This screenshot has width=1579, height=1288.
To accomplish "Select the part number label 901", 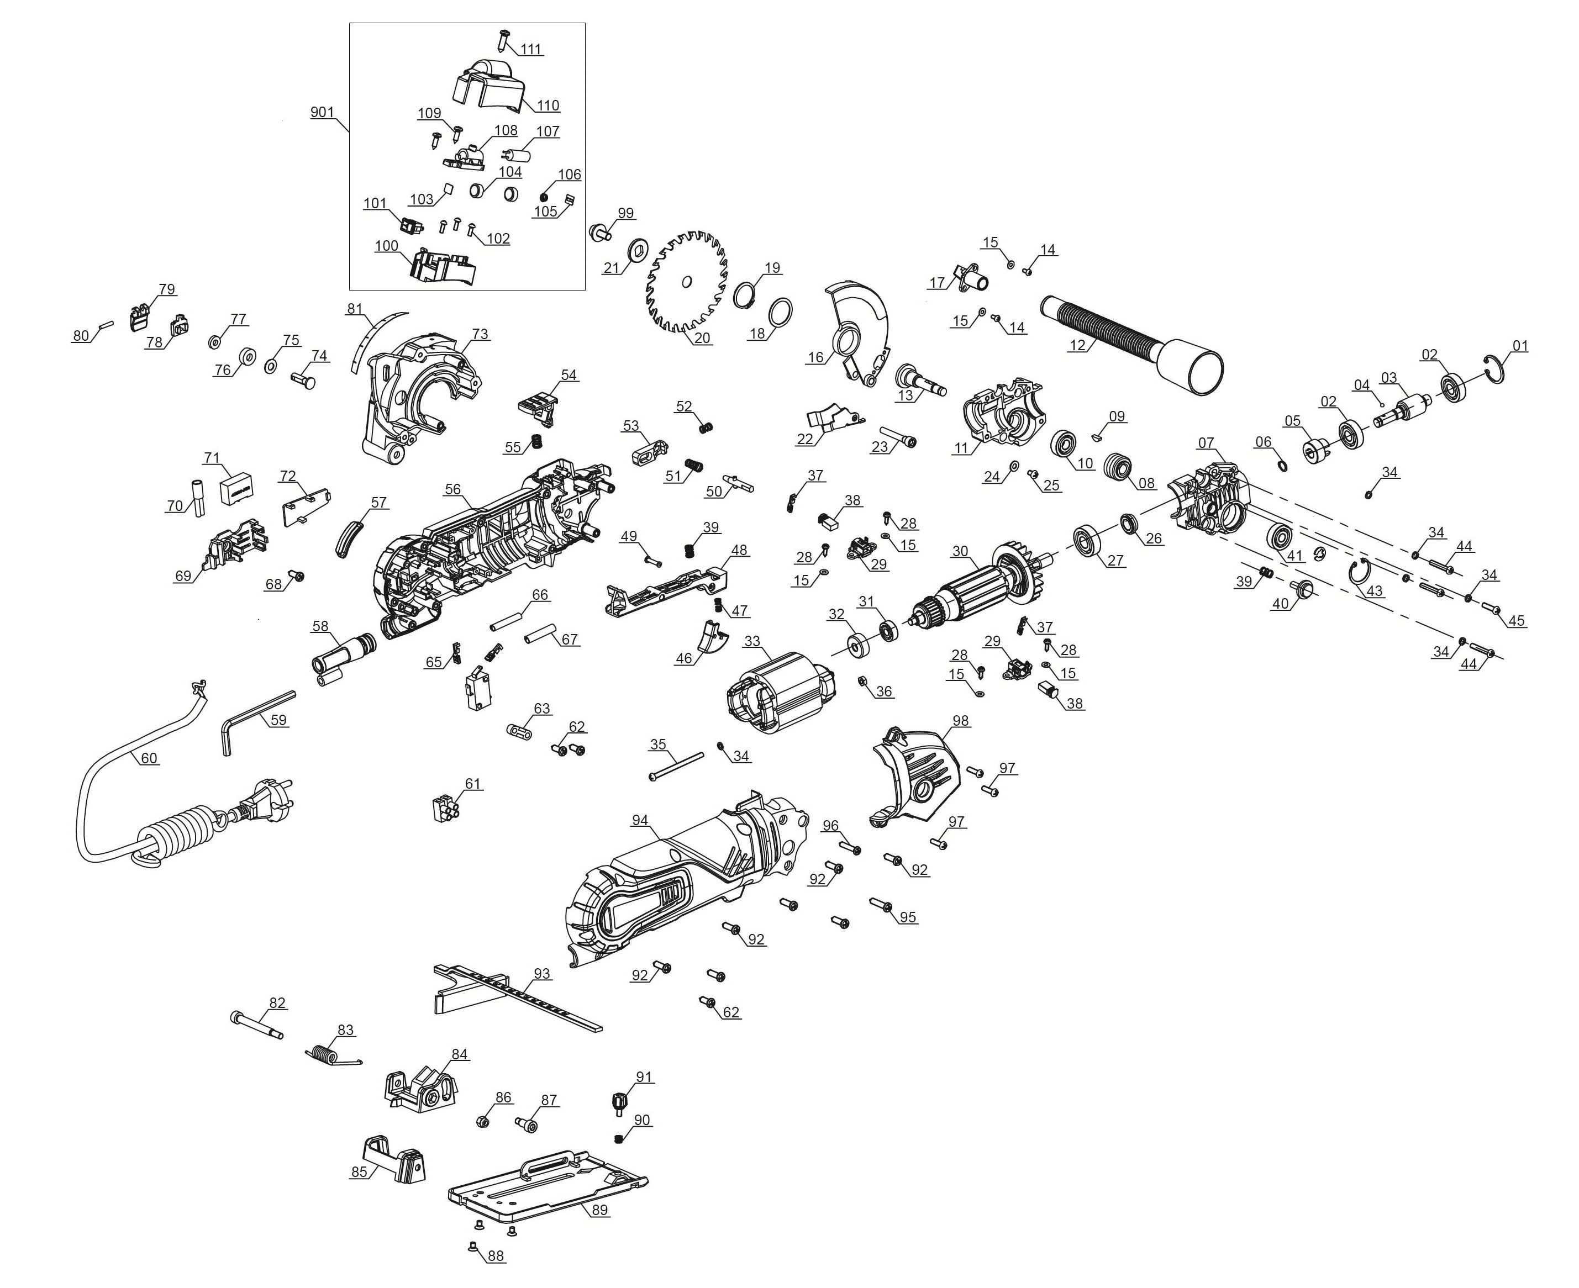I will pos(322,113).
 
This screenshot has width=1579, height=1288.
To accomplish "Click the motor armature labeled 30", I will pos(980,586).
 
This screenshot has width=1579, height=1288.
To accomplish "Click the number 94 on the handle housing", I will pos(640,820).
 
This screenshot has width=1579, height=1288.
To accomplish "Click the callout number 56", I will pos(452,490).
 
